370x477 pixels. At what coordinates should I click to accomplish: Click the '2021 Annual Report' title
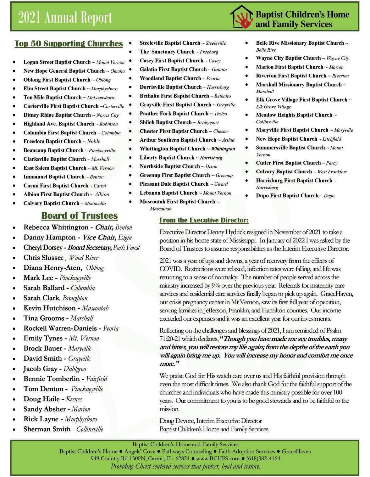point(65,18)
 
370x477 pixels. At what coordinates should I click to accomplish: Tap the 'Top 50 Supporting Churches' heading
point(69,43)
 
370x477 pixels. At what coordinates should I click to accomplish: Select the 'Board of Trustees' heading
point(80,216)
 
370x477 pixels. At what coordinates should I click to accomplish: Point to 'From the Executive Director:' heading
point(204,220)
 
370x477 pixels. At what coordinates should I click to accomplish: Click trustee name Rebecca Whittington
point(56,227)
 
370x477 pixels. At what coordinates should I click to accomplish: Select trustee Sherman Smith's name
point(47,429)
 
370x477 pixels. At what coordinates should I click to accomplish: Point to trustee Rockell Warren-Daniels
point(60,328)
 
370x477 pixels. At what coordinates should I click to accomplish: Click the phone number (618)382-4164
point(263,458)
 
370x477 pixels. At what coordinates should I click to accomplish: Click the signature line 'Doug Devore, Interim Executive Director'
point(211,421)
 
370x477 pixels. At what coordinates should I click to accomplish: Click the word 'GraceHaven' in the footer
point(296,451)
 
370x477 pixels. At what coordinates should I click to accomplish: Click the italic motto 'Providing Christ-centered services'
point(185,466)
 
